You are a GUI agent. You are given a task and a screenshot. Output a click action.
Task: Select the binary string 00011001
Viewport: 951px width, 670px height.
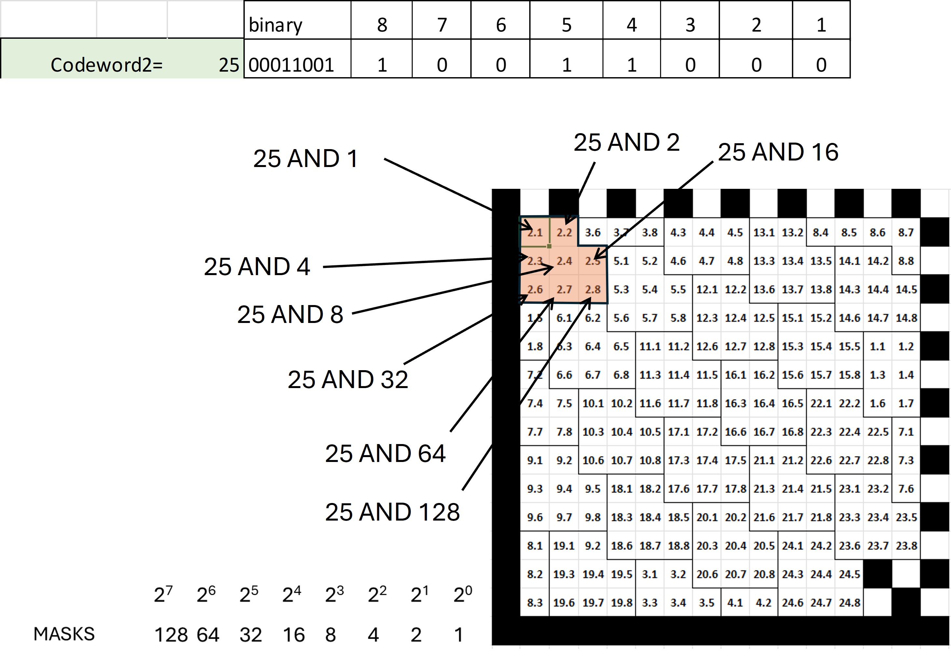pos(291,65)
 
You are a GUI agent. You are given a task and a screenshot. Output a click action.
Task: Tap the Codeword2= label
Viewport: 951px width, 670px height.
pos(106,65)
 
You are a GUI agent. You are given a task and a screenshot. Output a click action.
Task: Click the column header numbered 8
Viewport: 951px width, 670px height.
pos(382,25)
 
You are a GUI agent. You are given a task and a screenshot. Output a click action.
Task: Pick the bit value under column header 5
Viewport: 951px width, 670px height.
pos(566,65)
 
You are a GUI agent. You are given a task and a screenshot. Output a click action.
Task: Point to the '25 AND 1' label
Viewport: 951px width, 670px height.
pos(306,158)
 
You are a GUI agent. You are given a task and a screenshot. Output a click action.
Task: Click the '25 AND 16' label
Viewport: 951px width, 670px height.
pos(778,152)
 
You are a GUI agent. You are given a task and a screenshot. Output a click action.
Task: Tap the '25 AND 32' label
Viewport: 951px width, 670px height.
pos(348,379)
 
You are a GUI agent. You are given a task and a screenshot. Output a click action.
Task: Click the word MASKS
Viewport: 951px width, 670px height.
pos(64,634)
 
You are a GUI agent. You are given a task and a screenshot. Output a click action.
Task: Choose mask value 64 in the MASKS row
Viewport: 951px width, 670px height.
pos(208,635)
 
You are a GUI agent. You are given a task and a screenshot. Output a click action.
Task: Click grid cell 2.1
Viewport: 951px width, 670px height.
pos(535,232)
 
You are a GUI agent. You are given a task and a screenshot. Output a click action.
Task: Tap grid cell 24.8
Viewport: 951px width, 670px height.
pos(849,603)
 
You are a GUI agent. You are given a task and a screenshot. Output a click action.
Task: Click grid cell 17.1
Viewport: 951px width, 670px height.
pos(678,432)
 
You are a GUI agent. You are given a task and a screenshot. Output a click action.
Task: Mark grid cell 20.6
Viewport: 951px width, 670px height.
pos(707,574)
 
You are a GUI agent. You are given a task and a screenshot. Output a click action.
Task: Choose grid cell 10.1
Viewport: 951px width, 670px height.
pos(593,403)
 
